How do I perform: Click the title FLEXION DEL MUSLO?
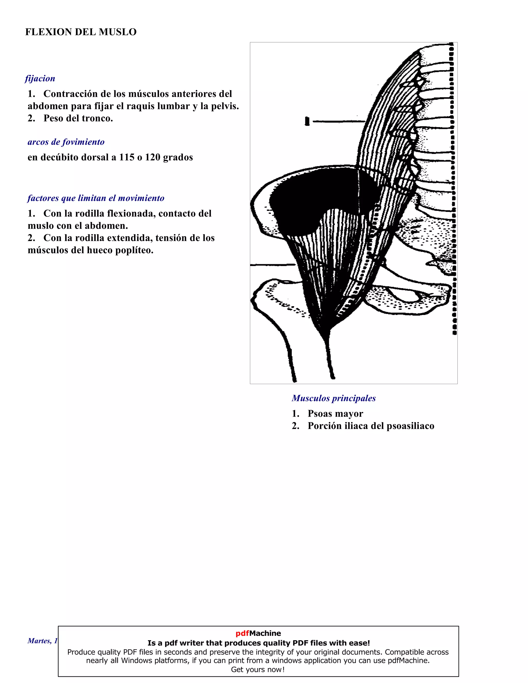click(x=81, y=32)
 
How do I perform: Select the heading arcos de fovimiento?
click(x=66, y=142)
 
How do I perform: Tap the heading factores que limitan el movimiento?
click(x=96, y=198)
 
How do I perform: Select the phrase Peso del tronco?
click(x=78, y=118)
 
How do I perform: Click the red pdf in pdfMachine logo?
click(x=242, y=633)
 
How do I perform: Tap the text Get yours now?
click(x=258, y=670)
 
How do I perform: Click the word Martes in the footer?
click(x=39, y=641)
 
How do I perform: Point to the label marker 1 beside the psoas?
click(x=307, y=121)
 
